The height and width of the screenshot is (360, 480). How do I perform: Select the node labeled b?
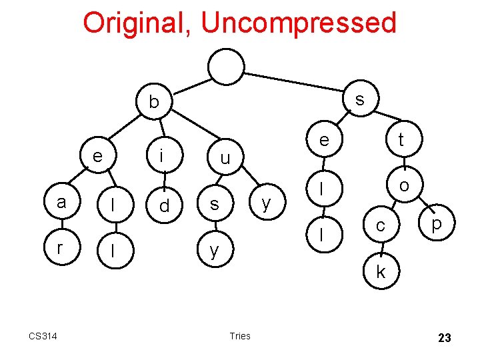[154, 102]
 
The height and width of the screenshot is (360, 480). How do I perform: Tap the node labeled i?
[161, 155]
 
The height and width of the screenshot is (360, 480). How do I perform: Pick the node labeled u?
[225, 159]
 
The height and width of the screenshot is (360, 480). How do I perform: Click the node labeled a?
[61, 202]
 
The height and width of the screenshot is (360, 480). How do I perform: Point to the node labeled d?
[164, 206]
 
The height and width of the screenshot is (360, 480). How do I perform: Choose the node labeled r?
[60, 248]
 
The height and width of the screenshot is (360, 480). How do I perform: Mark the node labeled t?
[401, 139]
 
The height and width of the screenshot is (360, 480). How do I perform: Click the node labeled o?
[404, 185]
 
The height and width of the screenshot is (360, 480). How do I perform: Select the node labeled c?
[380, 226]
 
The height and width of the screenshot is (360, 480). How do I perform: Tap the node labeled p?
[437, 224]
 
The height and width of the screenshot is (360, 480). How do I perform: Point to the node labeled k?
[381, 271]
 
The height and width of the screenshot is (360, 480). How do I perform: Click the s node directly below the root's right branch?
[360, 99]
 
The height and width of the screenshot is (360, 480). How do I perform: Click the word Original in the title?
[136, 23]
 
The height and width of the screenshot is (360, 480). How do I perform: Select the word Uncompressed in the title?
[298, 23]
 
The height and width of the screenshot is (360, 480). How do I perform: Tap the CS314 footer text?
[43, 335]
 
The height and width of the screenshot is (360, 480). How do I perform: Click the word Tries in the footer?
[239, 335]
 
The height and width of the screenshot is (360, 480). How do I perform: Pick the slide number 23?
[444, 338]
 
